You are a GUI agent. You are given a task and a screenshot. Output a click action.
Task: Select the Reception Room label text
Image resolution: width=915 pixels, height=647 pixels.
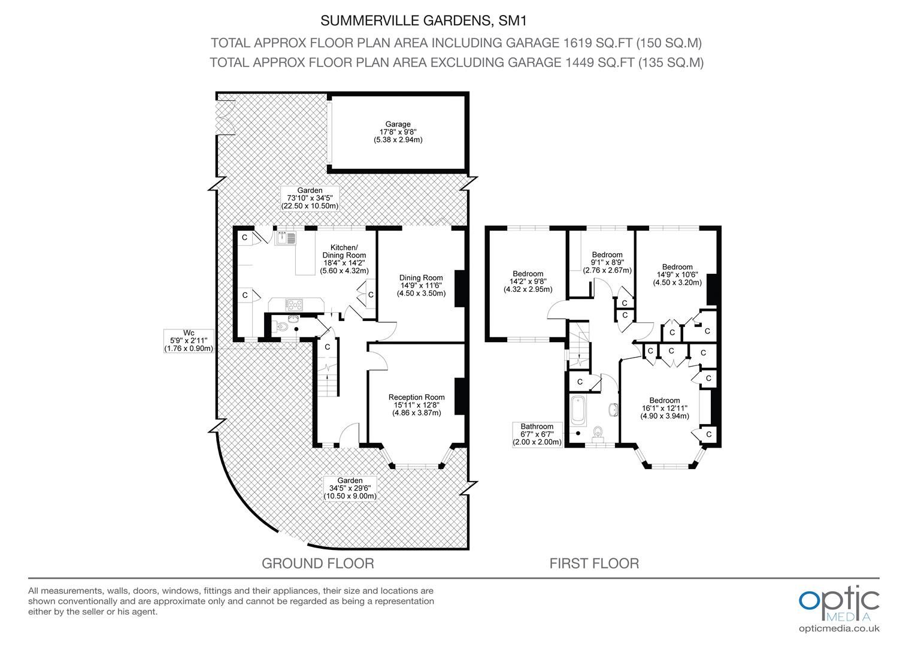coord(416,405)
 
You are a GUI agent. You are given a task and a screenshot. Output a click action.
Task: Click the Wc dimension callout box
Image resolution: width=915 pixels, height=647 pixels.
coord(189,340)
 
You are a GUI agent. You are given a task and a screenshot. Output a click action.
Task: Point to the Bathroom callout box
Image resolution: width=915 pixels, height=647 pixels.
coord(537,434)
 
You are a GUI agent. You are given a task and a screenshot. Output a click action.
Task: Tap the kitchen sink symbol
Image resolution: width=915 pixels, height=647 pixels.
coord(286,238)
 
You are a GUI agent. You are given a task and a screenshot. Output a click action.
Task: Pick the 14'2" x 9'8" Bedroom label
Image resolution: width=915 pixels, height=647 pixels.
coord(528,282)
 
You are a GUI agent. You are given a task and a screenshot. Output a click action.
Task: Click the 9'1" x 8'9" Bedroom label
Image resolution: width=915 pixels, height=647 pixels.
coord(607,262)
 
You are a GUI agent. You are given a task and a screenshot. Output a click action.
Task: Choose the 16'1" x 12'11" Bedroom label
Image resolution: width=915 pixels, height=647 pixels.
coord(664,409)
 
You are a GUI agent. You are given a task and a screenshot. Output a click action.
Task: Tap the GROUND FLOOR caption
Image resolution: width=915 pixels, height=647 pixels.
coord(318,563)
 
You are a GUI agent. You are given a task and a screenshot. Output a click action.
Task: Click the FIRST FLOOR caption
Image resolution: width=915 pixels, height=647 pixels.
coord(594,563)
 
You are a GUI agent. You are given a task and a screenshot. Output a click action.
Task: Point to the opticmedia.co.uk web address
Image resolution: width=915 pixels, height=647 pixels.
coord(839,628)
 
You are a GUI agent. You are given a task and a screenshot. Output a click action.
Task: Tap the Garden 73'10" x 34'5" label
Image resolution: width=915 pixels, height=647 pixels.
coord(310,198)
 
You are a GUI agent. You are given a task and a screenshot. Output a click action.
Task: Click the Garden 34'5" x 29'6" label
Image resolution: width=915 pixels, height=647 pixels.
coord(350,488)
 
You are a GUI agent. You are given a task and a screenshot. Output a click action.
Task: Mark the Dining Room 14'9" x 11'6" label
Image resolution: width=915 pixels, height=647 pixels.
coord(421,285)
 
